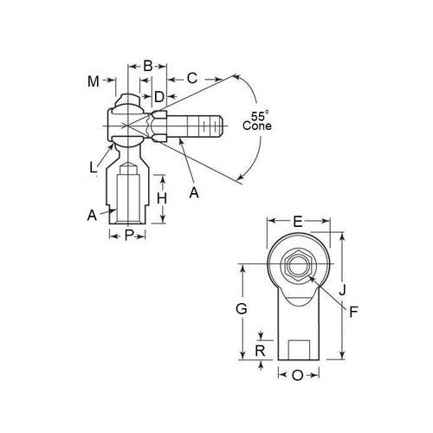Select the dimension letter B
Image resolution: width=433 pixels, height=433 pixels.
pos(147,65)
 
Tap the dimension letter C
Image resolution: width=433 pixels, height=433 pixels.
pos(192,79)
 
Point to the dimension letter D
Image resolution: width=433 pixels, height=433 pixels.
pos(158,95)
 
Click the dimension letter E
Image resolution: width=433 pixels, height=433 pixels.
pos(298,222)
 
